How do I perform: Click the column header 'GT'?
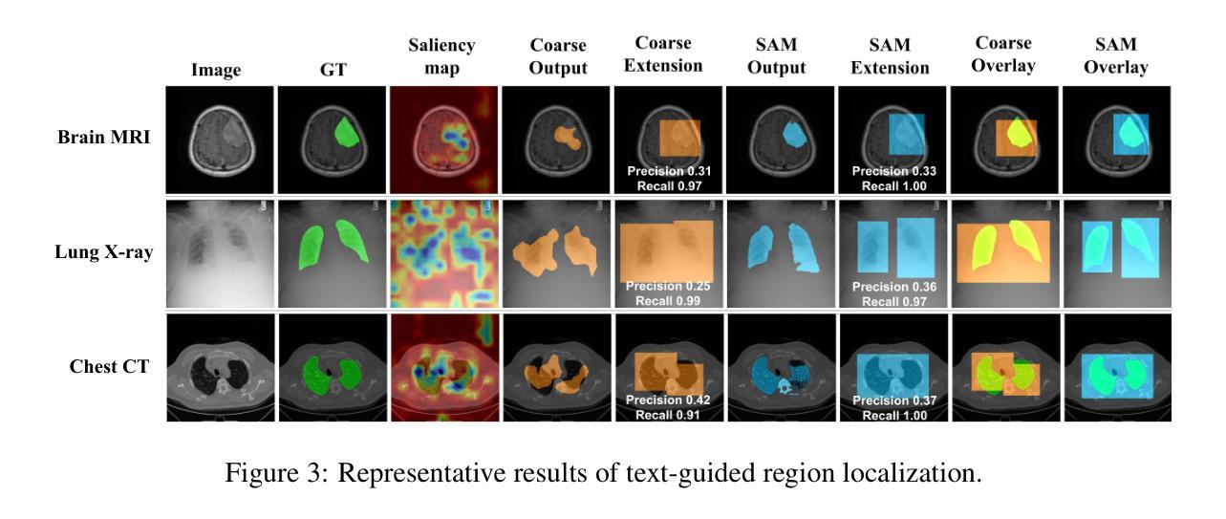[x=330, y=69]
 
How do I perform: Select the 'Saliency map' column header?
[x=441, y=56]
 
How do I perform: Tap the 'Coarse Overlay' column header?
[x=1003, y=56]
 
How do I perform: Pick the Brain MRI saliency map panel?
[x=442, y=140]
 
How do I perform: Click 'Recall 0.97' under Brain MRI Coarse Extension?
[x=670, y=184]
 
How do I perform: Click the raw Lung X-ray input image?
[x=219, y=253]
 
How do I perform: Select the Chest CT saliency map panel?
[x=442, y=368]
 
